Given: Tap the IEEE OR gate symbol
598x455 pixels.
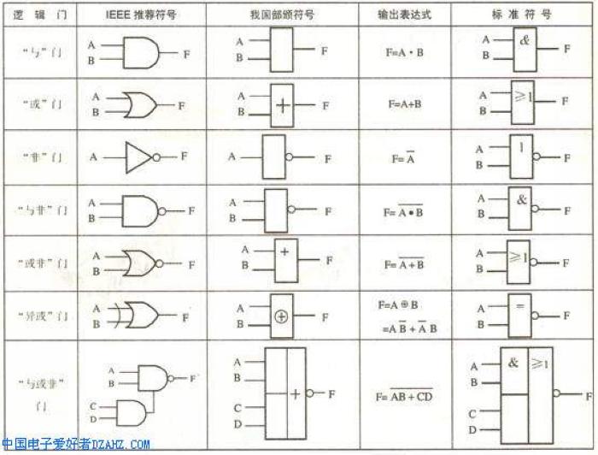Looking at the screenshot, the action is click(x=140, y=105).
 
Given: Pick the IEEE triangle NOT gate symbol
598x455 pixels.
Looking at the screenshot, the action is click(x=138, y=157).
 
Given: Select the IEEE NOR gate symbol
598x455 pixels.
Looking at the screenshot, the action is click(x=141, y=263).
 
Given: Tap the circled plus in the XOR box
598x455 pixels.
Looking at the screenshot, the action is click(x=282, y=316).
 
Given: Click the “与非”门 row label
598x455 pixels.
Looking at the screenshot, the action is click(x=38, y=210).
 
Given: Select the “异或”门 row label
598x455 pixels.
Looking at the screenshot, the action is click(x=38, y=315).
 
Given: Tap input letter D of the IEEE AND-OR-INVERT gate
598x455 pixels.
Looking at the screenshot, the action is click(x=92, y=418).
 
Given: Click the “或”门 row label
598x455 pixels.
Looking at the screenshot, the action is click(x=38, y=105).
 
